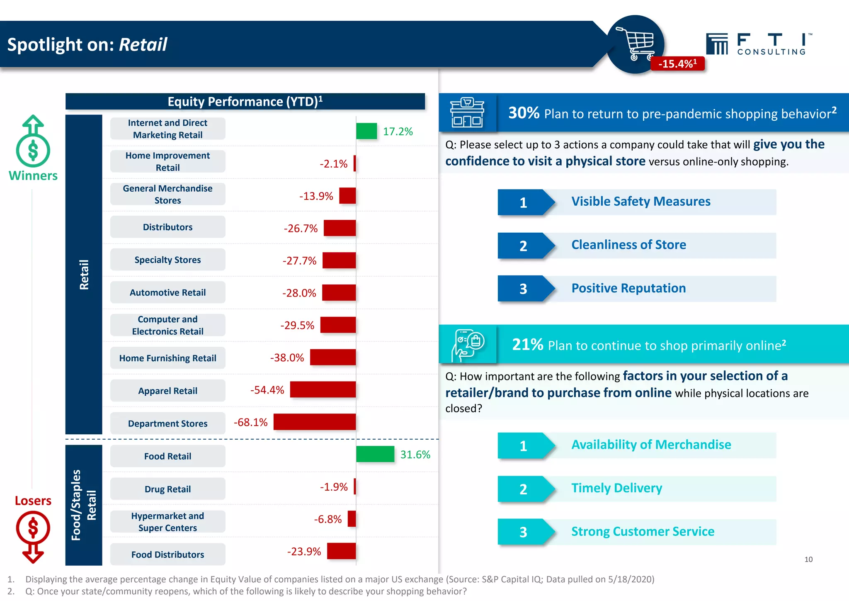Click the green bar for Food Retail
pyautogui.click(x=375, y=454)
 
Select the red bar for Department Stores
pyautogui.click(x=314, y=422)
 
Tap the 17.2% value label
pyautogui.click(x=398, y=131)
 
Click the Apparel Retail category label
pyautogui.click(x=167, y=391)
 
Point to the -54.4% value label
pyautogui.click(x=267, y=390)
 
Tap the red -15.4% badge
pyautogui.click(x=677, y=64)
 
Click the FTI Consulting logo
pyautogui.click(x=758, y=44)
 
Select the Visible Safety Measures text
pyautogui.click(x=640, y=202)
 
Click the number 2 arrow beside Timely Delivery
pyautogui.click(x=524, y=489)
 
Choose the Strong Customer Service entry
pyautogui.click(x=643, y=531)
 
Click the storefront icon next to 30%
pyautogui.click(x=467, y=113)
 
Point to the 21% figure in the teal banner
pyautogui.click(x=527, y=344)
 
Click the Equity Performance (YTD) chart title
pyautogui.click(x=245, y=102)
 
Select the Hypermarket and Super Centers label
pyautogui.click(x=167, y=522)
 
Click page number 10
pyautogui.click(x=808, y=560)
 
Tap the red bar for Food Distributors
pyautogui.click(x=341, y=551)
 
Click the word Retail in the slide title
pyautogui.click(x=143, y=44)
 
